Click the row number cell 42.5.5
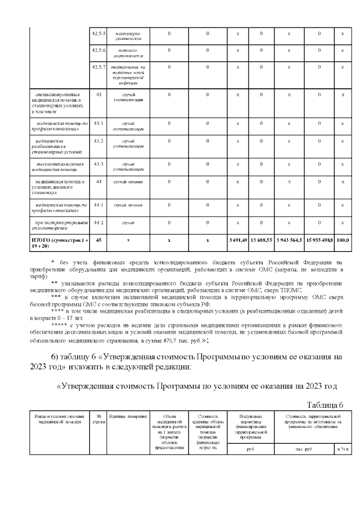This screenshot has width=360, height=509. tap(98, 33)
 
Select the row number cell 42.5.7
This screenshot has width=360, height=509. tap(98, 67)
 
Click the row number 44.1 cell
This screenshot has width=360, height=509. tap(98, 205)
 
